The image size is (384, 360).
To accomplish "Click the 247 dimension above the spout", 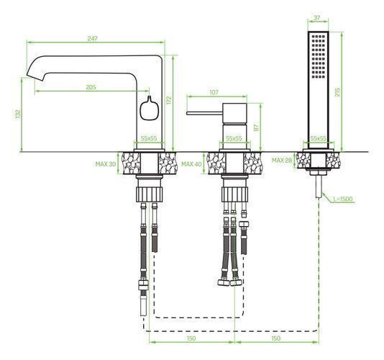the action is (x=93, y=38).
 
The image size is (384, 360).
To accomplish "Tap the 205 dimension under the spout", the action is (x=91, y=87).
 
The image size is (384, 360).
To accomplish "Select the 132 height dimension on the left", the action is (x=18, y=114).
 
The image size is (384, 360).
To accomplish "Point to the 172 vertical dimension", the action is (x=169, y=100).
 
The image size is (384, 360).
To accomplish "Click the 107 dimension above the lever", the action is (x=214, y=92).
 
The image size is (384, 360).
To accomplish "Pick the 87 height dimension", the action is (x=256, y=127).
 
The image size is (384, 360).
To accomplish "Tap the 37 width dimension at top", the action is (x=317, y=18).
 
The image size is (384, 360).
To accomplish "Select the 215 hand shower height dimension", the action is (x=337, y=92).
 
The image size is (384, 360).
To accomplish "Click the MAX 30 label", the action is (x=106, y=164).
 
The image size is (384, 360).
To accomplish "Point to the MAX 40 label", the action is (x=191, y=164).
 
